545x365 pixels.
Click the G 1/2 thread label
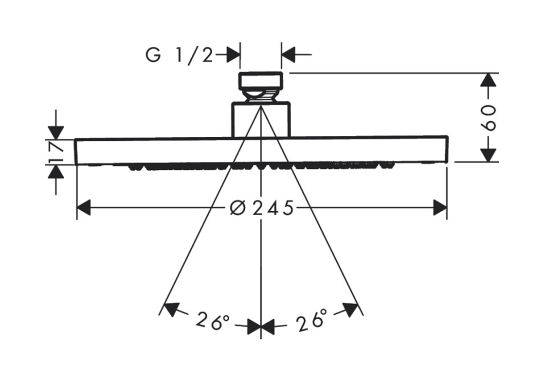point(179,55)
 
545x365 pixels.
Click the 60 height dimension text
point(489,117)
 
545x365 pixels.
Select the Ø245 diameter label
point(262,208)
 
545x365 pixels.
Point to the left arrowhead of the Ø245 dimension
point(84,207)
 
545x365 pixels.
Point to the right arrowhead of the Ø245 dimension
point(440,207)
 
